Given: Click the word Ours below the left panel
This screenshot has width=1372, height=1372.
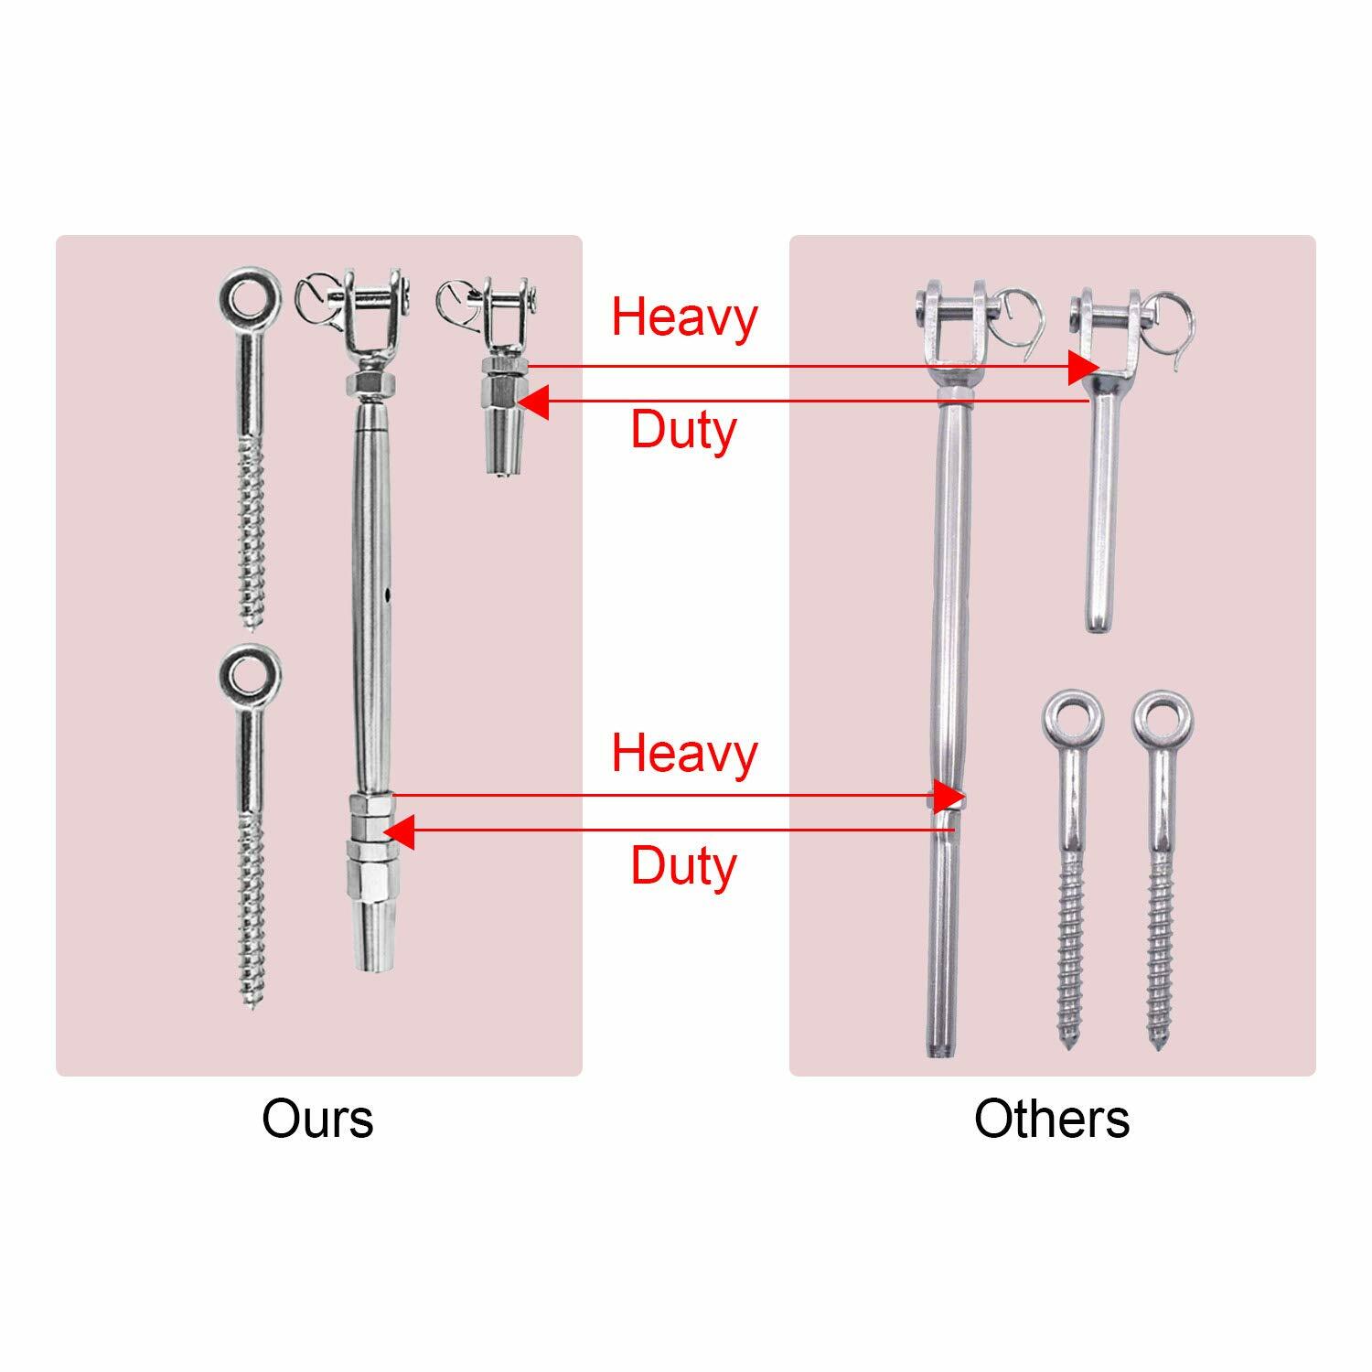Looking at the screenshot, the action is tap(317, 1118).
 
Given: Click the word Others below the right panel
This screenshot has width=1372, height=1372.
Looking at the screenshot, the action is tap(1051, 1118).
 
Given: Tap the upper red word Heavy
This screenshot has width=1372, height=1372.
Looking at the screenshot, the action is tap(684, 316).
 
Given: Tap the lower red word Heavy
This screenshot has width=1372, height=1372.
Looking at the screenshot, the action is tap(684, 754).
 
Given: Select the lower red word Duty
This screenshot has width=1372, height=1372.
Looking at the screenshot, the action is tap(683, 865).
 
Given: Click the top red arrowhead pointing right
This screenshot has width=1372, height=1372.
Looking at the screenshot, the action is tap(1085, 367).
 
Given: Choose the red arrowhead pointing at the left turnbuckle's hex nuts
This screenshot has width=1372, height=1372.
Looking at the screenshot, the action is tap(399, 831).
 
